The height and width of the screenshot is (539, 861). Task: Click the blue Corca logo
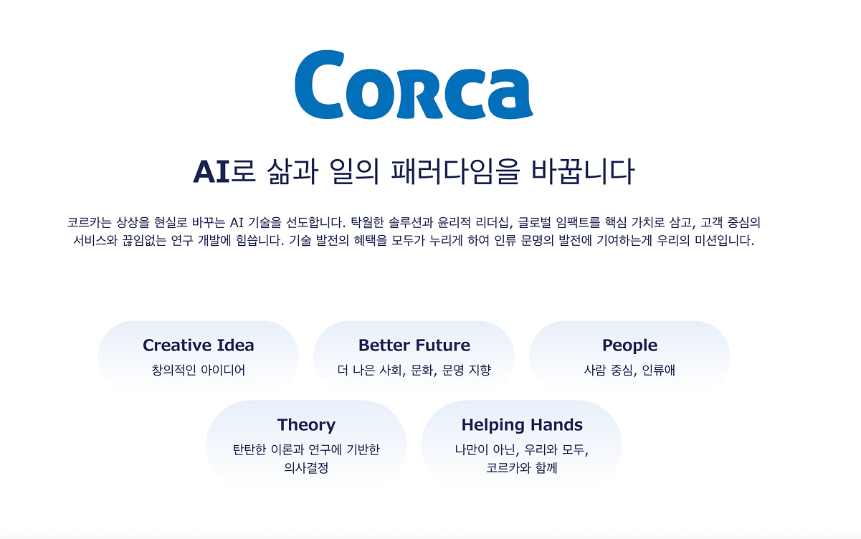pyautogui.click(x=414, y=85)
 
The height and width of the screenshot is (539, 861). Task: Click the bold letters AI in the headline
pyautogui.click(x=211, y=172)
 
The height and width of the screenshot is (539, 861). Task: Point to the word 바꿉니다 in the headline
pyautogui.click(x=583, y=171)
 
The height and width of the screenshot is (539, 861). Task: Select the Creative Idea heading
pyautogui.click(x=199, y=345)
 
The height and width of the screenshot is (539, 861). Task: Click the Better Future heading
pyautogui.click(x=414, y=345)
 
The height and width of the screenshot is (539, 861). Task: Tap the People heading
pyautogui.click(x=629, y=345)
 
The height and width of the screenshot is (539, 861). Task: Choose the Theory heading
pyautogui.click(x=306, y=425)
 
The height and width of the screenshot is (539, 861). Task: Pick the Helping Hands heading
pyautogui.click(x=522, y=425)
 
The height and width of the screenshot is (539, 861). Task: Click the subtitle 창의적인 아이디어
pyautogui.click(x=199, y=370)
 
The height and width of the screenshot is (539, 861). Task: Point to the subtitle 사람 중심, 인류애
pyautogui.click(x=629, y=370)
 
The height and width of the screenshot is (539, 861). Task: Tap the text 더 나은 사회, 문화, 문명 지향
pyautogui.click(x=414, y=370)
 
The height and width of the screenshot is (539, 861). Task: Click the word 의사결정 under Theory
pyautogui.click(x=306, y=468)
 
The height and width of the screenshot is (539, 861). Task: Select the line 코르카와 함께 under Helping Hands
pyautogui.click(x=522, y=468)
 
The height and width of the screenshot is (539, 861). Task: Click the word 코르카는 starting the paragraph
pyautogui.click(x=89, y=222)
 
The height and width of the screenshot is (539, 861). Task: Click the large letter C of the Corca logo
pyautogui.click(x=319, y=85)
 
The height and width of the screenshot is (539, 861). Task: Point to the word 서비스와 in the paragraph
pyautogui.click(x=95, y=241)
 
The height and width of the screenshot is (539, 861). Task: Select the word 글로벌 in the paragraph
pyautogui.click(x=534, y=222)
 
